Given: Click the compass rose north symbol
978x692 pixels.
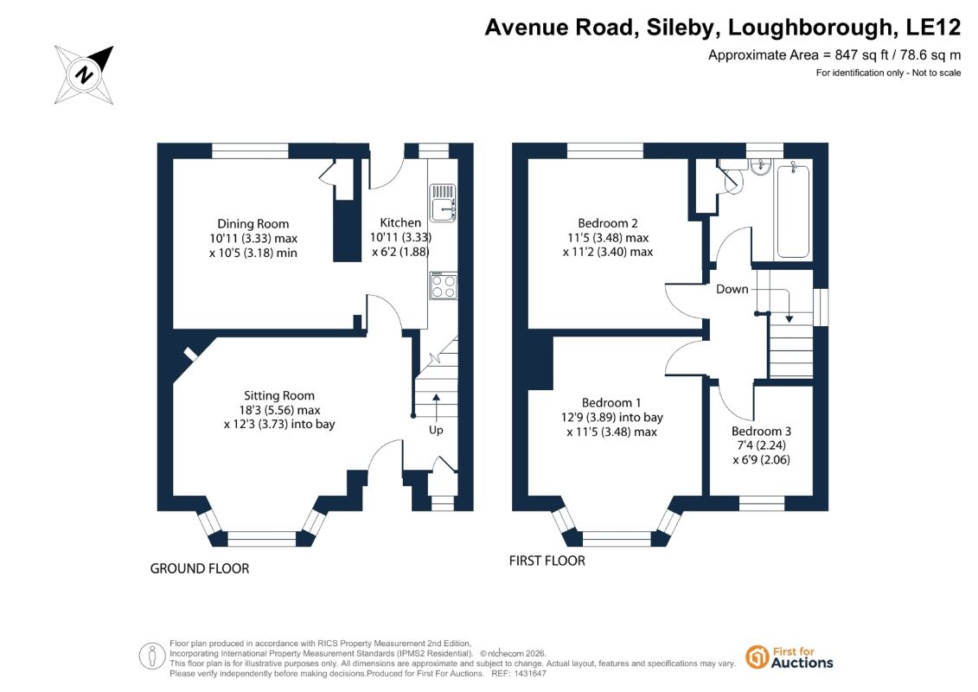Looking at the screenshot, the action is click(84, 75).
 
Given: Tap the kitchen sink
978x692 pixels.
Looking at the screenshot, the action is click(443, 202).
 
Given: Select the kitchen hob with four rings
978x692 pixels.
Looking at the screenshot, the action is click(443, 285).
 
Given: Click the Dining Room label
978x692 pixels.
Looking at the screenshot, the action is click(253, 223).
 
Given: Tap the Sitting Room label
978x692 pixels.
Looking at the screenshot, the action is click(278, 395).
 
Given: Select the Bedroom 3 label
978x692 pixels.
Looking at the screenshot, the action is click(761, 431).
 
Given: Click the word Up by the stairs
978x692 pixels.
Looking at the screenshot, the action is click(436, 430).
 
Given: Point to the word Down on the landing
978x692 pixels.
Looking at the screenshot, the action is click(732, 289).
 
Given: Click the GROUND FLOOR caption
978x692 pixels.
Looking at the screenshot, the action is click(200, 568).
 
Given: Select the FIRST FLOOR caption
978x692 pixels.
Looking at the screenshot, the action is click(547, 561).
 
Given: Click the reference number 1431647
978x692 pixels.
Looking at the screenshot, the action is click(528, 674).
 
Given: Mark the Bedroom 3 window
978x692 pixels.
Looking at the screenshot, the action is click(762, 503).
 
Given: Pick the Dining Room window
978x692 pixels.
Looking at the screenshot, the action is click(250, 151).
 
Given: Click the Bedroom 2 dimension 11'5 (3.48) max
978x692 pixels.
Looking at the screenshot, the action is click(608, 238).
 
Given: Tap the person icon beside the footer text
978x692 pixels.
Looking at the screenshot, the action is click(152, 657).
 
